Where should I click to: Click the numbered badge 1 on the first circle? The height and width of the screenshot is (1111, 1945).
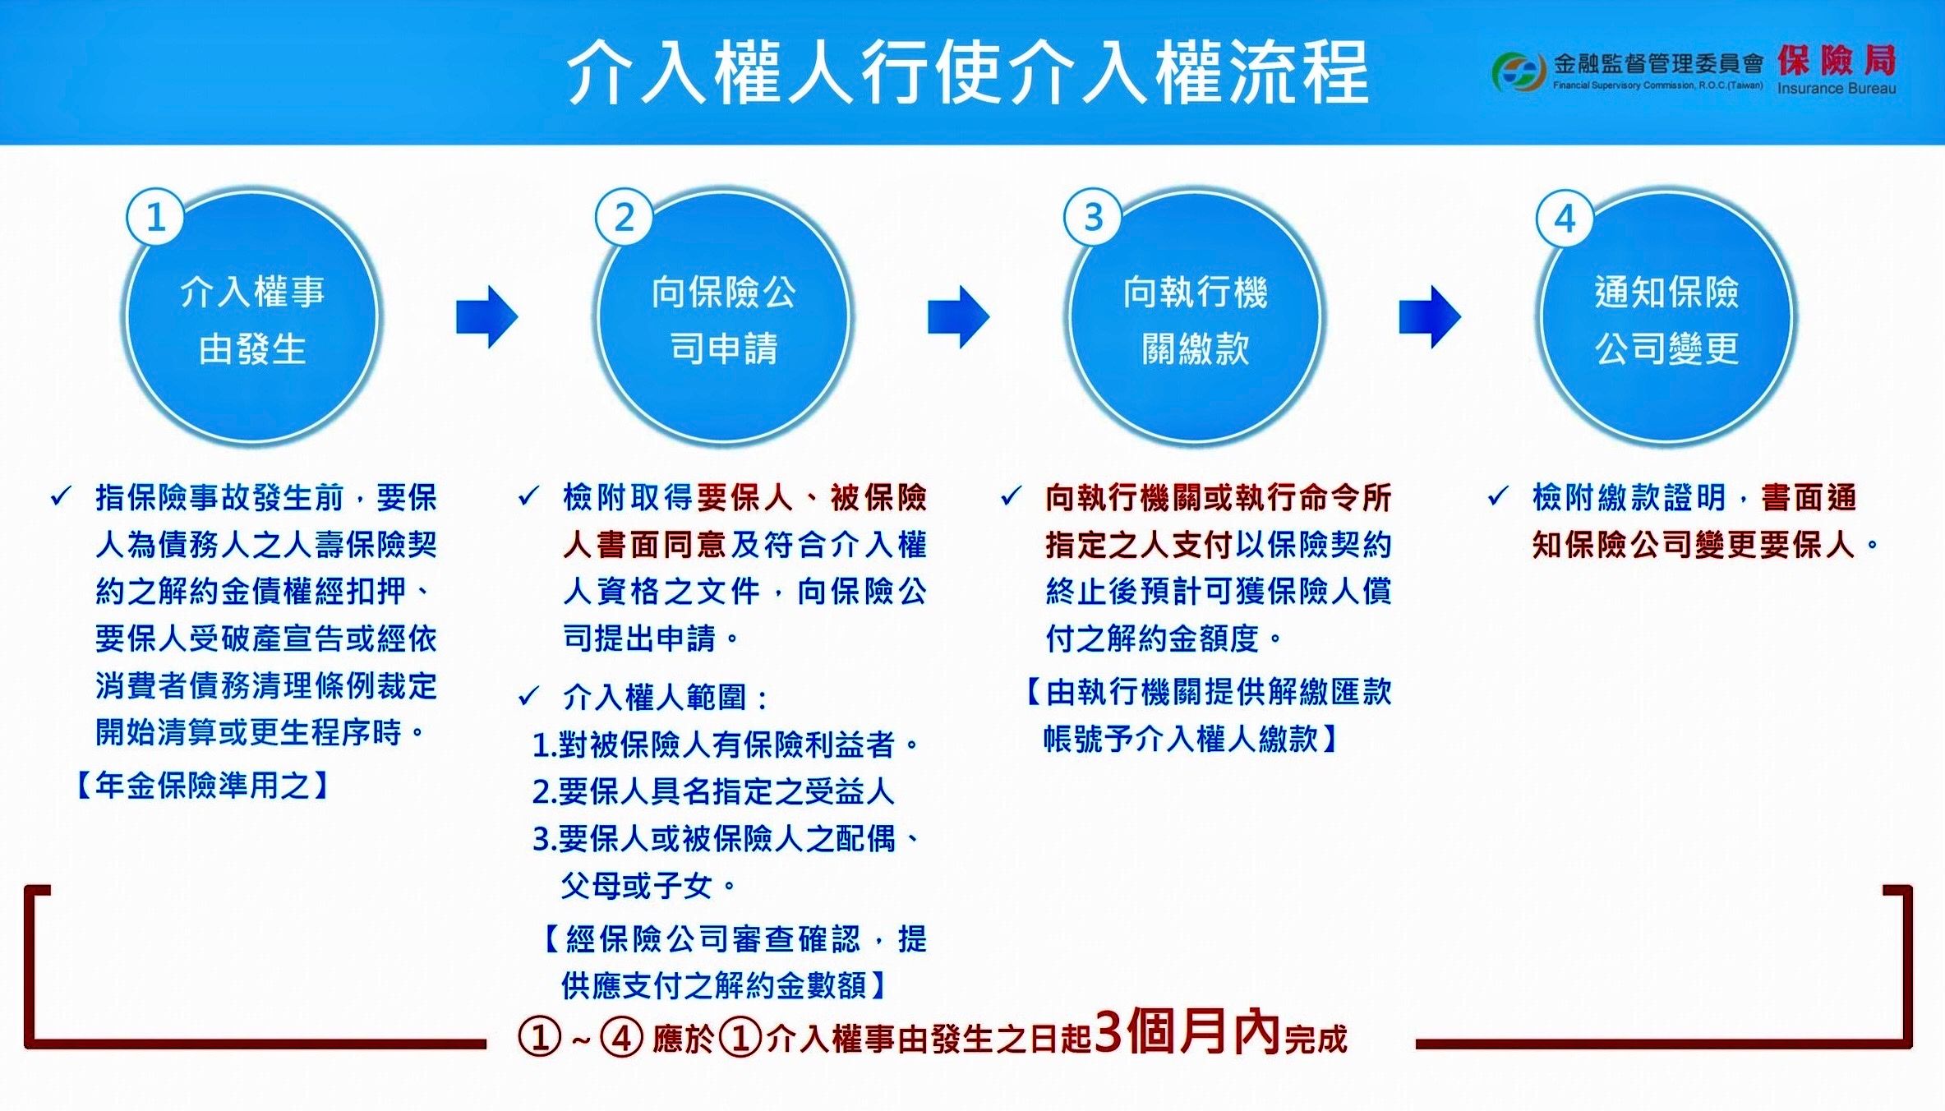(x=154, y=218)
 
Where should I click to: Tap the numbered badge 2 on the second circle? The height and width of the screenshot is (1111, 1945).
(x=624, y=218)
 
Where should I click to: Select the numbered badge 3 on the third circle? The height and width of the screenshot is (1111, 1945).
(x=1092, y=218)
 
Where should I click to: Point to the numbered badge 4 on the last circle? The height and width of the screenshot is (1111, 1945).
(x=1565, y=219)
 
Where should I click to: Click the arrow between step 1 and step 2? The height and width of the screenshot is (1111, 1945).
(x=486, y=316)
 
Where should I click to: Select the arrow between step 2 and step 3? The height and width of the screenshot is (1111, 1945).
(x=958, y=316)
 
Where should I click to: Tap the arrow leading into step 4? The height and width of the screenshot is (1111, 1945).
(x=1430, y=316)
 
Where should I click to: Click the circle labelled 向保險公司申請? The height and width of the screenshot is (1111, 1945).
(x=723, y=320)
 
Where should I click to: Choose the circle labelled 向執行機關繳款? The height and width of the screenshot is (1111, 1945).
(x=1195, y=320)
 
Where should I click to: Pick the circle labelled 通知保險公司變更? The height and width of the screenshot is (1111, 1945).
(x=1666, y=320)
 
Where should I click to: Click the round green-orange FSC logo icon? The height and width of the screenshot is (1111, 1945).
(x=1518, y=72)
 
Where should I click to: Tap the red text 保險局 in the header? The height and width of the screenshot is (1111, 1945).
(x=1836, y=60)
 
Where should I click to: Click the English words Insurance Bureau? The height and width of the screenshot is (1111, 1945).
(x=1836, y=89)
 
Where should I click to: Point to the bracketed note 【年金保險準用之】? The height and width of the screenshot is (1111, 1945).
(x=202, y=786)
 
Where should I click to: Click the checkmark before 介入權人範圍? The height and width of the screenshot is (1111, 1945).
(x=528, y=697)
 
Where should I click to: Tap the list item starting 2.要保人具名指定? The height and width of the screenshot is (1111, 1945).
(x=712, y=791)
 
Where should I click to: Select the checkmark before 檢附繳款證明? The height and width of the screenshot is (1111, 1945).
(x=1498, y=496)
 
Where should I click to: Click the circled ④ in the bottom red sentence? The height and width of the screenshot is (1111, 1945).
(x=621, y=1038)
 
